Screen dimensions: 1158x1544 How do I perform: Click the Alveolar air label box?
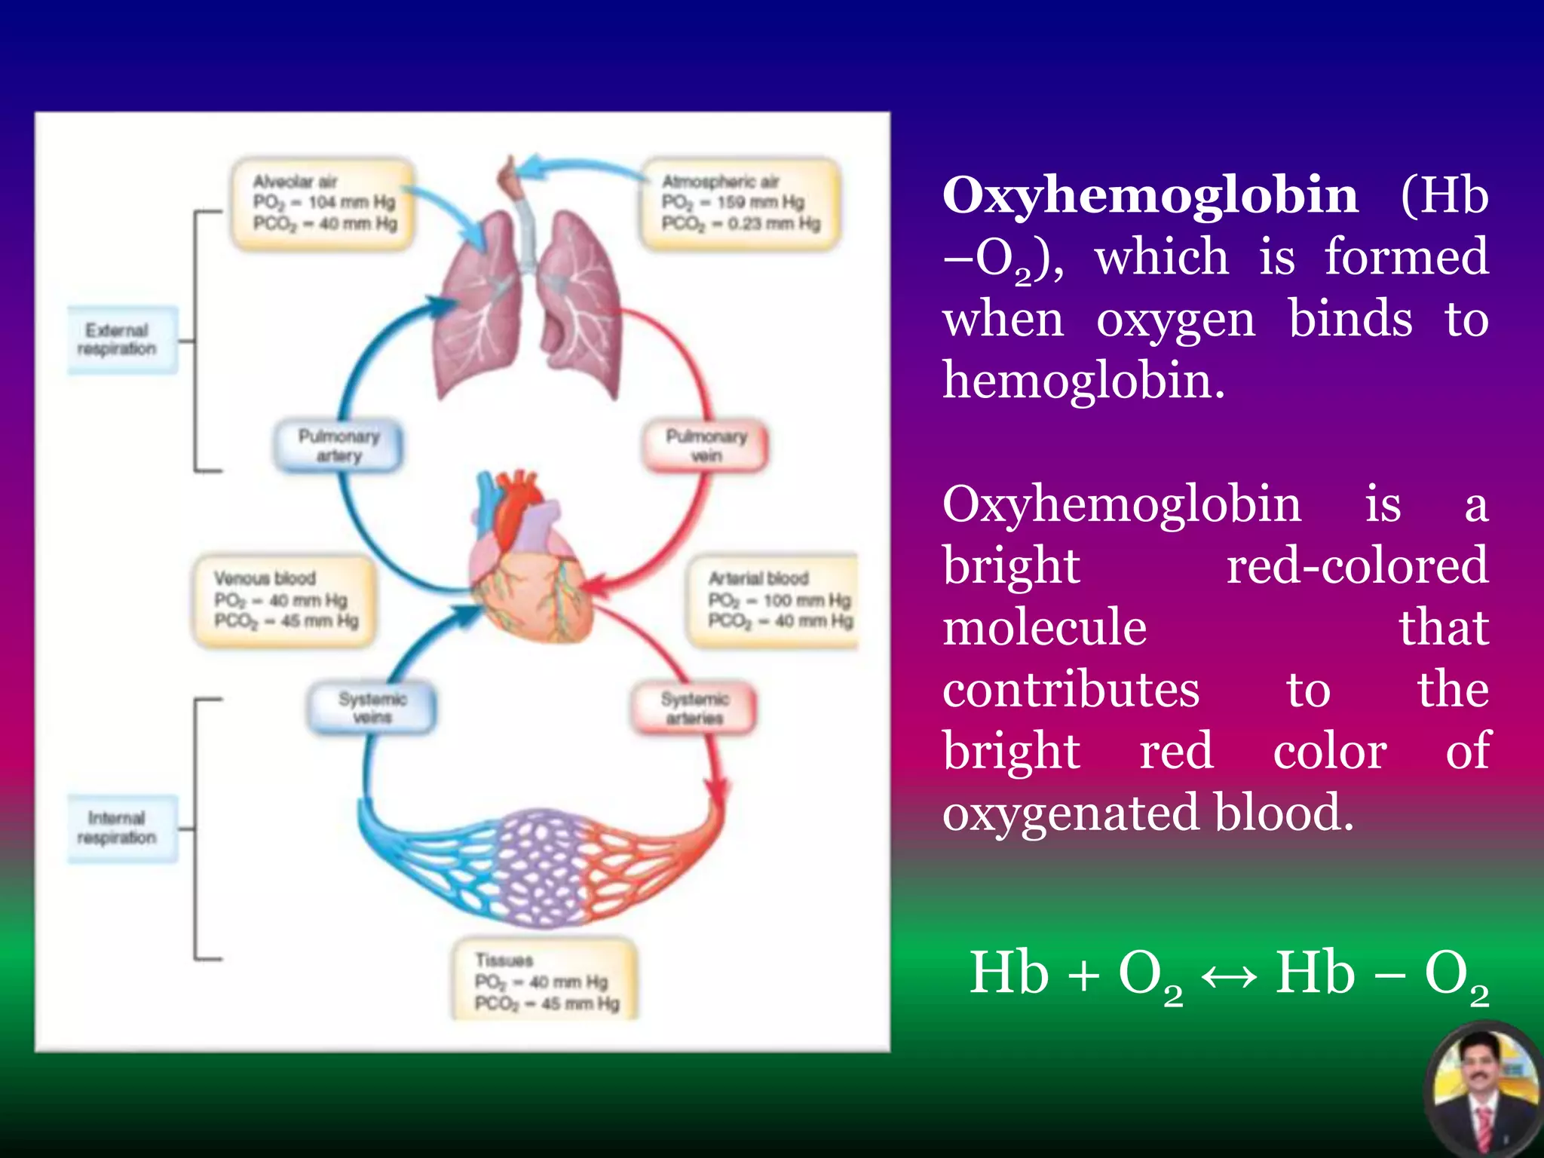pyautogui.click(x=323, y=203)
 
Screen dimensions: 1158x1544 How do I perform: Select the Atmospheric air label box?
pyautogui.click(x=740, y=203)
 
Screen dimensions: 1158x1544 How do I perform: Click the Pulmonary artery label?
pyautogui.click(x=339, y=446)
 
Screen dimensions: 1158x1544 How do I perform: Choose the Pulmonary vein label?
pyautogui.click(x=706, y=446)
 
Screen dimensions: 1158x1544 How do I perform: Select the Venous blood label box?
pyautogui.click(x=284, y=600)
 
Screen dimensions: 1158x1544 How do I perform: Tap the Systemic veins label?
pyautogui.click(x=372, y=708)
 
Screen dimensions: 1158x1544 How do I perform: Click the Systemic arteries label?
pyautogui.click(x=694, y=708)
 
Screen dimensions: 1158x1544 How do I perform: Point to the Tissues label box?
pyautogui.click(x=545, y=980)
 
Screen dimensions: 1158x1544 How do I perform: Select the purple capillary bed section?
pyautogui.click(x=539, y=867)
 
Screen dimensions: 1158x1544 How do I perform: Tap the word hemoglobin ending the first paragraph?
pyautogui.click(x=1083, y=381)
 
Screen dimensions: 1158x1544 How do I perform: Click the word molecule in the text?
pyautogui.click(x=1044, y=628)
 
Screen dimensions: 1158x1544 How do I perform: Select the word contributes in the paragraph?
pyautogui.click(x=1071, y=690)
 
